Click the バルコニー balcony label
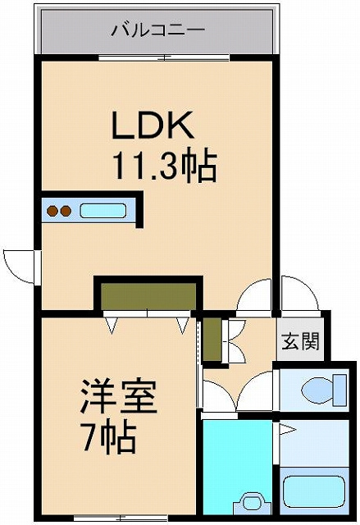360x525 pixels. (x=158, y=30)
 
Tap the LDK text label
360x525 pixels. (x=153, y=125)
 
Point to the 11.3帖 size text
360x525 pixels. (x=166, y=166)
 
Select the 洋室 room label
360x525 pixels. (x=118, y=397)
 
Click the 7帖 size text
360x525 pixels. (x=109, y=437)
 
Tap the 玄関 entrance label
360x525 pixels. (x=300, y=341)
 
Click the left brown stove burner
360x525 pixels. (x=52, y=211)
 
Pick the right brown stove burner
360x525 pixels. (x=66, y=211)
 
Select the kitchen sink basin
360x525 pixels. (x=103, y=211)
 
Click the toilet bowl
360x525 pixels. (x=317, y=390)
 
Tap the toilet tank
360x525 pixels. (x=340, y=390)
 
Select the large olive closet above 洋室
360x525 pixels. (x=148, y=297)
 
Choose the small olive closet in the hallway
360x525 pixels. (x=212, y=339)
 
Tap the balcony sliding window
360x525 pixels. (x=164, y=57)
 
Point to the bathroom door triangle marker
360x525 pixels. (x=287, y=429)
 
